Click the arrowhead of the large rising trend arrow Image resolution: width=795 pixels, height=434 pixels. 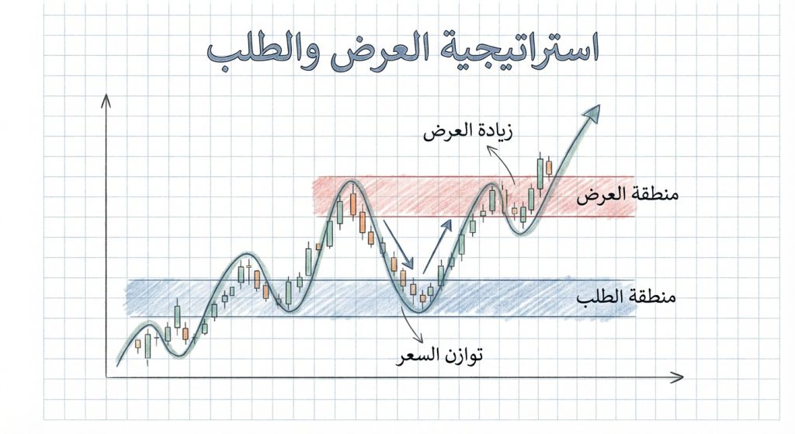click(x=592, y=113)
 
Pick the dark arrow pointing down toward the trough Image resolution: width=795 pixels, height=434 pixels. click(x=398, y=248)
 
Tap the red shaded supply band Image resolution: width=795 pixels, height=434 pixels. click(x=435, y=196)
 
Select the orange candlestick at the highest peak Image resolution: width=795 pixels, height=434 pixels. click(x=352, y=203)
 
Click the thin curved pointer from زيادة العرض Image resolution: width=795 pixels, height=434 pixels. click(x=502, y=165)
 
